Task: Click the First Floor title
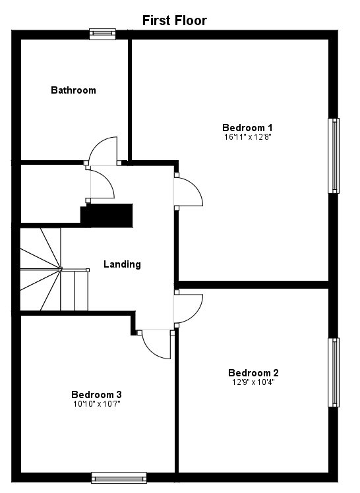(175, 20)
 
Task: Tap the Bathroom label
(73, 90)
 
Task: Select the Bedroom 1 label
(247, 128)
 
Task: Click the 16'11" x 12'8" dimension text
(247, 138)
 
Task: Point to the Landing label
(122, 264)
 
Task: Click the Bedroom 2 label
(254, 372)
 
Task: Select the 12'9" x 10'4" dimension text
(254, 382)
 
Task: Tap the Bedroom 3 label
(96, 395)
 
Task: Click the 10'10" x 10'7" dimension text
(96, 404)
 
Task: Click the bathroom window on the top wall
(102, 34)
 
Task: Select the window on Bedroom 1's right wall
(334, 156)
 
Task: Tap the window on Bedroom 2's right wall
(334, 372)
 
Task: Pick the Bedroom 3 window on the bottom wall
(119, 478)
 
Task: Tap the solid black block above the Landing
(107, 214)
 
